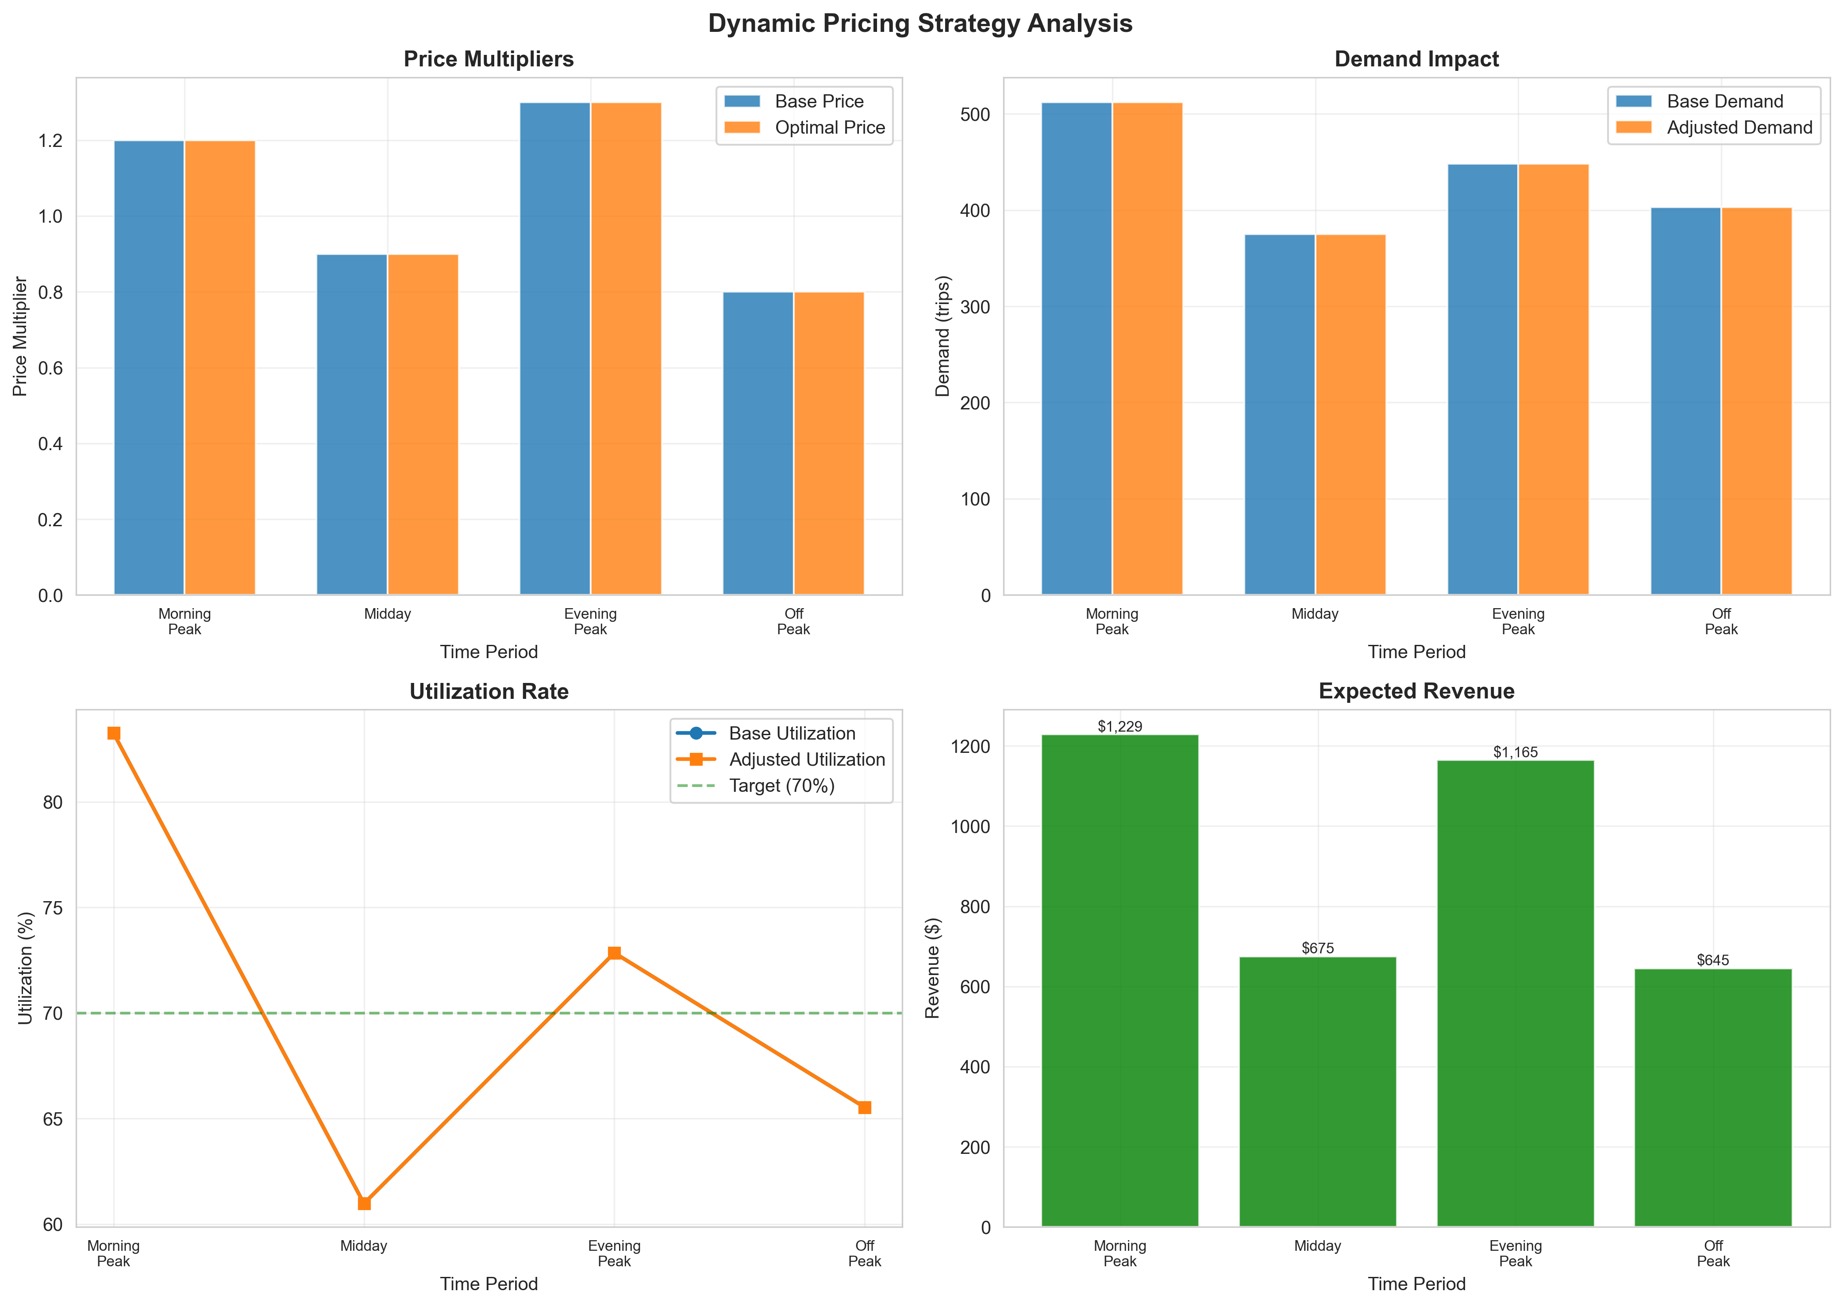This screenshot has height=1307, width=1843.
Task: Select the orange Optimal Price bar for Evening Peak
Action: [x=626, y=348]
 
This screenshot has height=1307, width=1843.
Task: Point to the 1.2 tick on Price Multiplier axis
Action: [x=50, y=141]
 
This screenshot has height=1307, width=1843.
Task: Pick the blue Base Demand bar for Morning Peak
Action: [x=1076, y=348]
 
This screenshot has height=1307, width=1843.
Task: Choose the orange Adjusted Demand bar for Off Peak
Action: [x=1756, y=401]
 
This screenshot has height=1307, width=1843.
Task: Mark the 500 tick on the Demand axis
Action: [x=975, y=114]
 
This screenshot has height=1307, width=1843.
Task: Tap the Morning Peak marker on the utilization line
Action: [x=113, y=733]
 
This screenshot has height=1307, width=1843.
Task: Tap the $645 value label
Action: [x=1712, y=960]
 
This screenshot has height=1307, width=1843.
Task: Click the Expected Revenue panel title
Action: [x=1416, y=691]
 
